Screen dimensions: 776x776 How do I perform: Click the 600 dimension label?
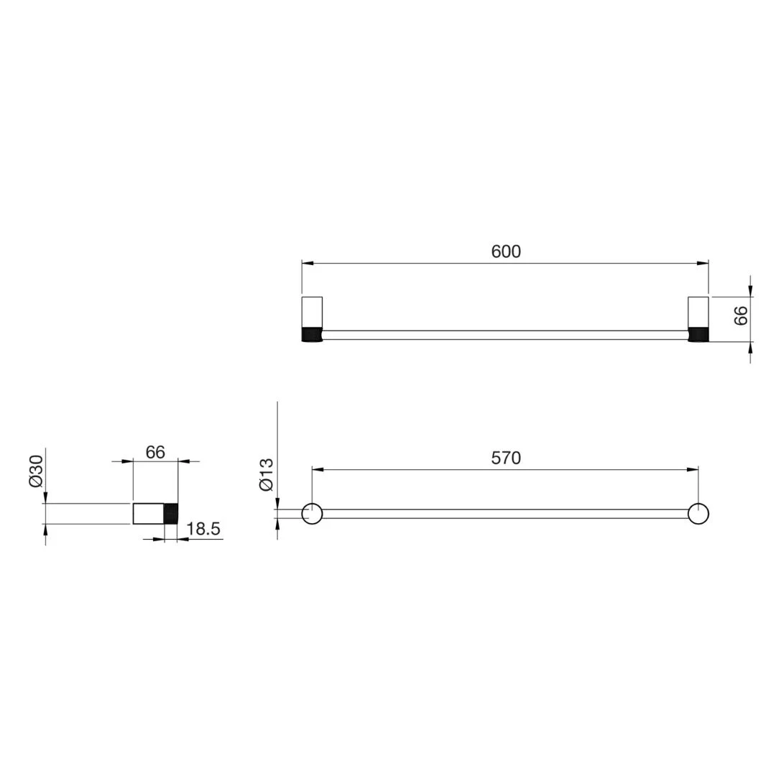pyautogui.click(x=506, y=251)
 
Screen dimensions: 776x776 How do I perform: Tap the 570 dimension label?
pyautogui.click(x=506, y=458)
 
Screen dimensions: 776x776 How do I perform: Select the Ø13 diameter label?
pyautogui.click(x=267, y=475)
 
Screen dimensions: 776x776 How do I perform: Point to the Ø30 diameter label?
pyautogui.click(x=36, y=471)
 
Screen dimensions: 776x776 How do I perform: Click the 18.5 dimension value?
pyautogui.click(x=203, y=529)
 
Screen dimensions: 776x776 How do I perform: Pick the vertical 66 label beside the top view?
pyautogui.click(x=741, y=315)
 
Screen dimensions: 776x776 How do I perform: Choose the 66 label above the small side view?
pyautogui.click(x=155, y=452)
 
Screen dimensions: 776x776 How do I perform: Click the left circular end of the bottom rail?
pyautogui.click(x=313, y=513)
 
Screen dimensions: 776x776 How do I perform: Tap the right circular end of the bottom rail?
pyautogui.click(x=698, y=513)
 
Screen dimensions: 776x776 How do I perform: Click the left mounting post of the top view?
pyautogui.click(x=312, y=319)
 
